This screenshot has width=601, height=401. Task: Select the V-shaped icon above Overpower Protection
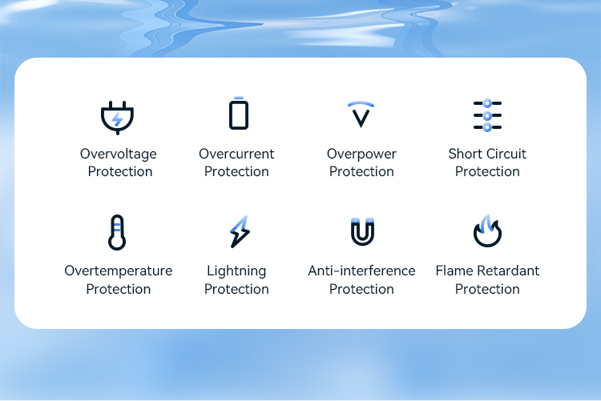click(361, 118)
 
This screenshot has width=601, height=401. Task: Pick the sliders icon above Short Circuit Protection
click(487, 115)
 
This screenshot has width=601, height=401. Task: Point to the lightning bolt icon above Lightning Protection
click(240, 231)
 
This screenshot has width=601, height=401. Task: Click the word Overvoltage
click(119, 154)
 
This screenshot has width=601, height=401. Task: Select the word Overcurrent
click(236, 154)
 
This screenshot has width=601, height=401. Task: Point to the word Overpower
click(361, 154)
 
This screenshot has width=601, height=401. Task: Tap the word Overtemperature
click(119, 271)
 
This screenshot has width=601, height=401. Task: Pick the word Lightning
click(236, 271)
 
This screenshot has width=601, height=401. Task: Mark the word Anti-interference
click(361, 271)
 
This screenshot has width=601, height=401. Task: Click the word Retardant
click(508, 271)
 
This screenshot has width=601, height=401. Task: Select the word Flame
click(454, 271)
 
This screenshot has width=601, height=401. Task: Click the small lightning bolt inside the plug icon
click(117, 119)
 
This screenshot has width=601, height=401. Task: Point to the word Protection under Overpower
click(361, 171)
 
